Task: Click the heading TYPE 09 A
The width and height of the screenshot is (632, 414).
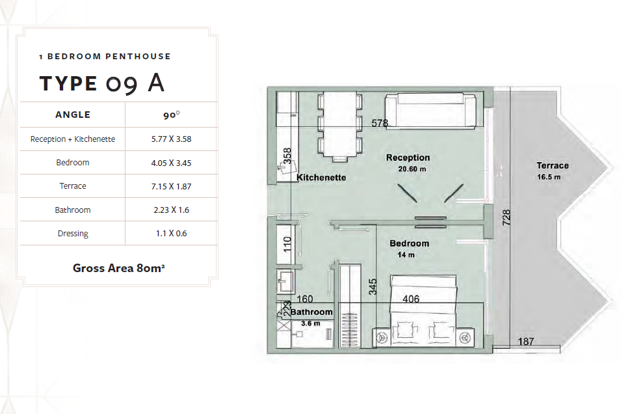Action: click(101, 83)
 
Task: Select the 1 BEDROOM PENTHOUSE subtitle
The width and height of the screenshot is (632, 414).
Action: click(105, 57)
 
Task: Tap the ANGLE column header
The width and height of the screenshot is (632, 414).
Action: click(73, 115)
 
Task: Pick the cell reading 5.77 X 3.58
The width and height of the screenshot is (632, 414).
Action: click(172, 139)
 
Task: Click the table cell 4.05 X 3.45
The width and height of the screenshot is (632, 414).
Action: click(172, 163)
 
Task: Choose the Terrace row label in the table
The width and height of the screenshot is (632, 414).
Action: click(73, 186)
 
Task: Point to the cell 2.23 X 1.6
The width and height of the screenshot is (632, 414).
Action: click(172, 210)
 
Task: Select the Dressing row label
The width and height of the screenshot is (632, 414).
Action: click(73, 234)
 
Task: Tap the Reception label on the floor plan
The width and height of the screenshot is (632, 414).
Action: click(408, 158)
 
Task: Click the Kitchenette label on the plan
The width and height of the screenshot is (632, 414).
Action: click(321, 177)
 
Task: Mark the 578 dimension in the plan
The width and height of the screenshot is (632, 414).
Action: click(380, 122)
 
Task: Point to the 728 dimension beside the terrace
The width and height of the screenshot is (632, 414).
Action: click(507, 217)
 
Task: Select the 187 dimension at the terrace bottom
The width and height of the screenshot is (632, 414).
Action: click(527, 342)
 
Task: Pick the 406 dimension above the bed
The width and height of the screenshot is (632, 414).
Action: click(411, 299)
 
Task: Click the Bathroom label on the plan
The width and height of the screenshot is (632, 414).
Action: click(311, 312)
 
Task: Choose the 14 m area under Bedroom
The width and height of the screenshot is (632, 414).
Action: click(407, 255)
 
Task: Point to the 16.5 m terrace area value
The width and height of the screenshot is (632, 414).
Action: click(549, 176)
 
